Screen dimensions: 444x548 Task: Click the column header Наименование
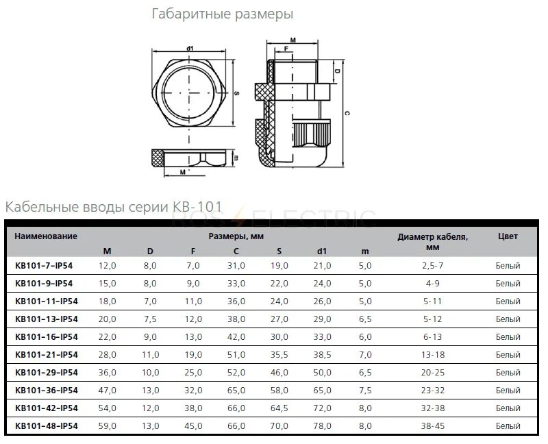click(46, 236)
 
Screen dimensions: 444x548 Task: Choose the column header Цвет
click(508, 236)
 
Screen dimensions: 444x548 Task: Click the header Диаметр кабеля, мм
click(432, 243)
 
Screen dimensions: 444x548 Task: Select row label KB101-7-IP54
click(46, 265)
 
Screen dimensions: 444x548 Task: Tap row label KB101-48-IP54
click(46, 425)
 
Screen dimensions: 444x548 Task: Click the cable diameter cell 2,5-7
click(432, 265)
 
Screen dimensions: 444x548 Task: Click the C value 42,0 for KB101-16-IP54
click(236, 336)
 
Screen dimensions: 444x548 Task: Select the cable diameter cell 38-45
click(432, 425)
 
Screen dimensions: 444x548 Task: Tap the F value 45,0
click(193, 425)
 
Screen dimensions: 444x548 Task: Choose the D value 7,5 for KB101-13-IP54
click(150, 319)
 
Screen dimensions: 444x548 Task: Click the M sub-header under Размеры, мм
click(108, 251)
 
